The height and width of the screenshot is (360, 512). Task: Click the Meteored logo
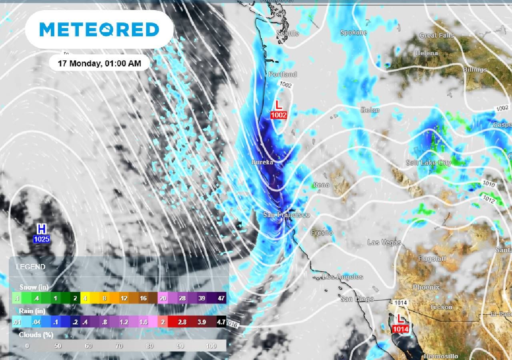[99, 29]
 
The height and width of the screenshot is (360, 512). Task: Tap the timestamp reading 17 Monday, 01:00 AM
[99, 63]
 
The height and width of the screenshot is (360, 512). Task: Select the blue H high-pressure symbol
[41, 229]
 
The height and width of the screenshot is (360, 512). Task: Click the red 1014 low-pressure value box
[400, 329]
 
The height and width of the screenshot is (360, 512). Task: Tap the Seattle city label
[288, 34]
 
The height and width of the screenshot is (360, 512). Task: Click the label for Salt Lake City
[428, 162]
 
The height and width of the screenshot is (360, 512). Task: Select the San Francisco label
[286, 215]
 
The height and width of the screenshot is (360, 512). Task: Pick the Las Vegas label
[384, 242]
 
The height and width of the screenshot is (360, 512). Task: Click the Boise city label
[370, 110]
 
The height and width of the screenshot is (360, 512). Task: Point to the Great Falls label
[436, 35]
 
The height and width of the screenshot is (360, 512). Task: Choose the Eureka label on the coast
[262, 162]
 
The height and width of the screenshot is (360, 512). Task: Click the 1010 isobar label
[489, 185]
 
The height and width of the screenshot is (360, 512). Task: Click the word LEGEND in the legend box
[30, 267]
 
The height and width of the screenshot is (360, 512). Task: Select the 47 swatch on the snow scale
[221, 298]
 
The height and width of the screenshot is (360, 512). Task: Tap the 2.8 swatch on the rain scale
[182, 322]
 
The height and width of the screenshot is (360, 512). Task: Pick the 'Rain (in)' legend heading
[32, 311]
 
